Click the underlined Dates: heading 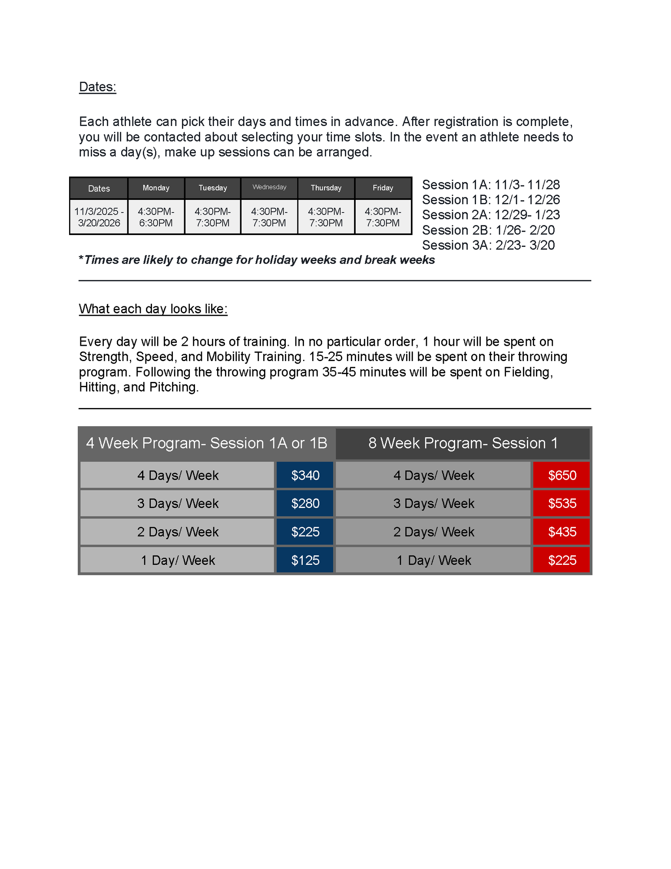pyautogui.click(x=97, y=87)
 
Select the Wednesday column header pyautogui.click(x=269, y=187)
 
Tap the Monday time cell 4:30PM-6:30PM pyautogui.click(x=156, y=217)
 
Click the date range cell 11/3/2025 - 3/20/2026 pyautogui.click(x=99, y=217)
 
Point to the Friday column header pyautogui.click(x=383, y=188)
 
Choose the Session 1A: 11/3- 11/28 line pyautogui.click(x=491, y=185)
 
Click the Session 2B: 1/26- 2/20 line pyautogui.click(x=488, y=230)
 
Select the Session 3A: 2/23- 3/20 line pyautogui.click(x=488, y=245)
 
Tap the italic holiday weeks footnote pyautogui.click(x=257, y=260)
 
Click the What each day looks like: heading pyautogui.click(x=153, y=309)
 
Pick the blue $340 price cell pyautogui.click(x=305, y=475)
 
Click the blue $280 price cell pyautogui.click(x=305, y=504)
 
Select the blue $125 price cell pyautogui.click(x=305, y=561)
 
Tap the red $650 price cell pyautogui.click(x=562, y=475)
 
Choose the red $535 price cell pyautogui.click(x=562, y=504)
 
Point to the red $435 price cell pyautogui.click(x=562, y=532)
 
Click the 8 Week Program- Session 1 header pyautogui.click(x=463, y=443)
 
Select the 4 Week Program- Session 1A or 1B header pyautogui.click(x=207, y=443)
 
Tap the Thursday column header pyautogui.click(x=326, y=188)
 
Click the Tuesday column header pyautogui.click(x=213, y=188)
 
